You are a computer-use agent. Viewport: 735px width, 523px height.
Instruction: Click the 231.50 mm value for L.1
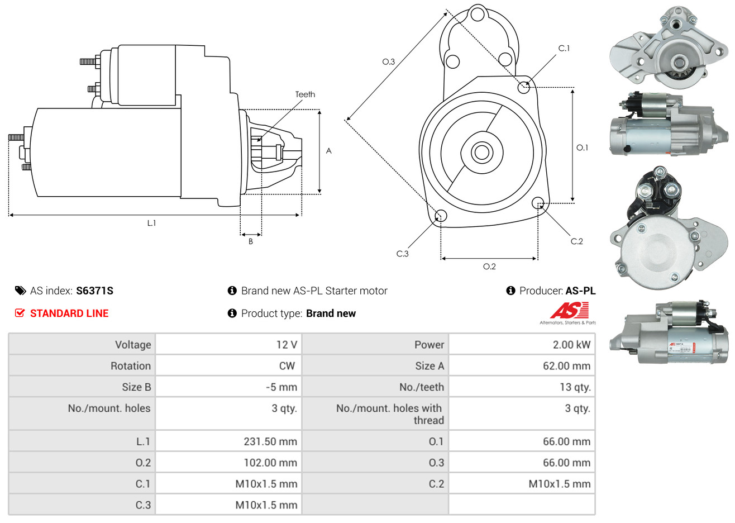270,441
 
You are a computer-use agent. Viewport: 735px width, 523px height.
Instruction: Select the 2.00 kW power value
571,345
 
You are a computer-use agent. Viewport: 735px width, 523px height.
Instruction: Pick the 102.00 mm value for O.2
270,463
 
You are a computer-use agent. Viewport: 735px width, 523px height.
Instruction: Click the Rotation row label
130,366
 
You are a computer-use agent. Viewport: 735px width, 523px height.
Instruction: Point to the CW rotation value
287,366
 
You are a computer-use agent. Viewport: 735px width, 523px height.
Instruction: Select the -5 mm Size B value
281,387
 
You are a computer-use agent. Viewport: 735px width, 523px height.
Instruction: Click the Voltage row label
133,345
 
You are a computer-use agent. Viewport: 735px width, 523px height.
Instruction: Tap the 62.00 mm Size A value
566,366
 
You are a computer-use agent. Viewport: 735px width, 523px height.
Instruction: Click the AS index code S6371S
94,291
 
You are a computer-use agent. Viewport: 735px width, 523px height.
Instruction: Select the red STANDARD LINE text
69,313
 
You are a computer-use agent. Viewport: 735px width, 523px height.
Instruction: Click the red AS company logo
569,311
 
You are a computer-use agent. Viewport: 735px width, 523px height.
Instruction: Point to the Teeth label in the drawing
305,94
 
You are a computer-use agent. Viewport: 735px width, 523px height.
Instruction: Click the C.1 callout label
564,49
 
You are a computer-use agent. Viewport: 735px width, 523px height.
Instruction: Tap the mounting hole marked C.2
538,202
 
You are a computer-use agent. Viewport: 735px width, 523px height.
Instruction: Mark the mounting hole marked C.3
440,216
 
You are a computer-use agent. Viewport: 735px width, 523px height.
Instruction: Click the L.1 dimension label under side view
151,223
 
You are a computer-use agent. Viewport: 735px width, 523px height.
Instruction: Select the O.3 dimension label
388,61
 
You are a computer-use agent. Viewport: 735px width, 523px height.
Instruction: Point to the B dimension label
251,241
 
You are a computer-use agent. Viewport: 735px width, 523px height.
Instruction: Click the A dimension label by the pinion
328,151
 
